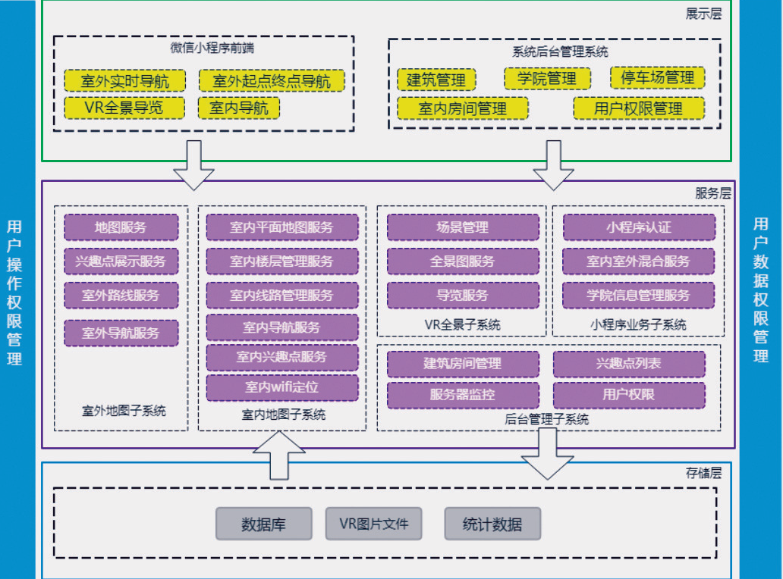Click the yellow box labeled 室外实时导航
(124, 81)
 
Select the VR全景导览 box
(124, 108)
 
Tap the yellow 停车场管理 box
(658, 77)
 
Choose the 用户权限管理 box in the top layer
(638, 108)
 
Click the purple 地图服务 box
(121, 227)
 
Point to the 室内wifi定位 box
(281, 387)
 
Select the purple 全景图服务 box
(463, 261)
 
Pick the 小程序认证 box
(638, 227)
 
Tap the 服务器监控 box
(463, 394)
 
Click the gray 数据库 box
(263, 524)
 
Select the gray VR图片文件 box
(373, 524)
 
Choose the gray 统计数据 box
(492, 524)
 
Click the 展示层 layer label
(703, 14)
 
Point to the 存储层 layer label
(703, 473)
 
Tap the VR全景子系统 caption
(462, 325)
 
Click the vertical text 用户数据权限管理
(761, 289)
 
